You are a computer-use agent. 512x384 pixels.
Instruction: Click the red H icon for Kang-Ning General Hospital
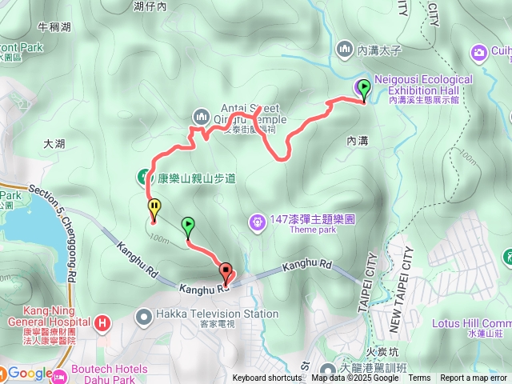tap(102, 324)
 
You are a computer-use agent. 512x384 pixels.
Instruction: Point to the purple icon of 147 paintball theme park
tap(257, 220)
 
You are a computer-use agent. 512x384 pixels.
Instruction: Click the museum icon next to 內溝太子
tap(345, 50)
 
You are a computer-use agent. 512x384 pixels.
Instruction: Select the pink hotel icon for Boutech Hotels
tap(62, 374)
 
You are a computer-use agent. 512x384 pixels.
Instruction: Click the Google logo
tap(30, 373)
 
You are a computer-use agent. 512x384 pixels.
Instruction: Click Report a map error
tap(473, 378)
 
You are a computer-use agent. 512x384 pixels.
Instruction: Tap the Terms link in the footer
tap(419, 378)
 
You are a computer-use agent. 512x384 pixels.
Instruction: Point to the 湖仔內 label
tap(150, 6)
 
